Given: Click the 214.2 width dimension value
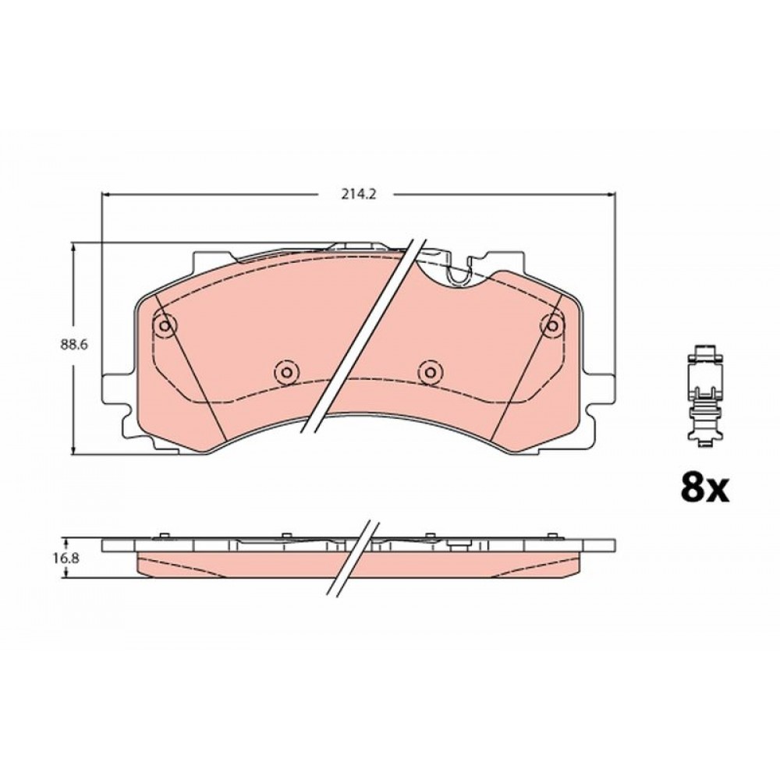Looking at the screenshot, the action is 358,194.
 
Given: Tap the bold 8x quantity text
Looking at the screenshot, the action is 704,488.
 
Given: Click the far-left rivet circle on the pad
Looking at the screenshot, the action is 165,325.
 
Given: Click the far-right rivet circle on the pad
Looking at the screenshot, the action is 551,325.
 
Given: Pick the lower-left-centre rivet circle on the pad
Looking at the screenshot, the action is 286,371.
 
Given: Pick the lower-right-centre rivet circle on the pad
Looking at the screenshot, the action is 430,371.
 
